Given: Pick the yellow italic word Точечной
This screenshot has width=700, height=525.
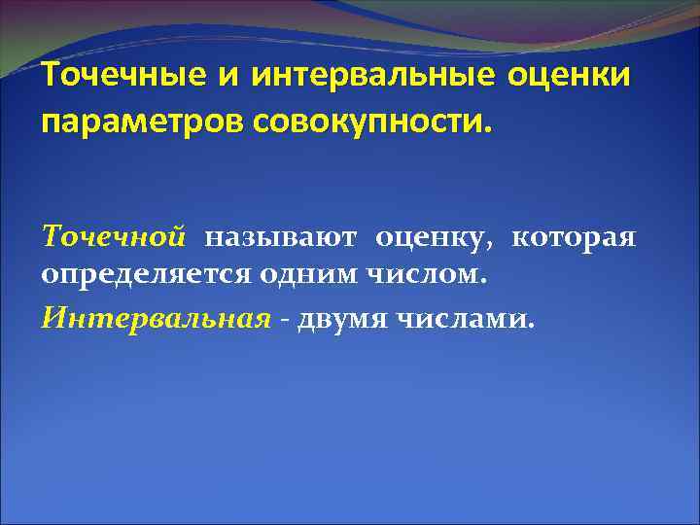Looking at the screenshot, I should (x=114, y=237).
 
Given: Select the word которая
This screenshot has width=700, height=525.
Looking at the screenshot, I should (x=573, y=237).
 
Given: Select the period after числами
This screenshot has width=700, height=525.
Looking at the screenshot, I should (x=531, y=327).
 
